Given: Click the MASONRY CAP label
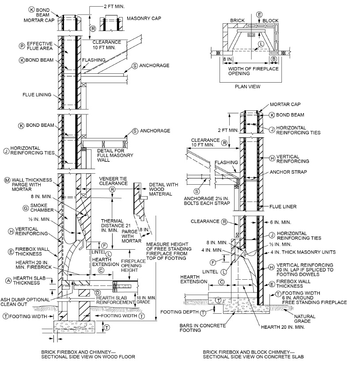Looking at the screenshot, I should click(143, 19).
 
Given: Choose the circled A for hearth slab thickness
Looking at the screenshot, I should click(8, 280).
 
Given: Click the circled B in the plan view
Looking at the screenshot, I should click(274, 58).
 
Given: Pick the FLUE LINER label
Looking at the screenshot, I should click(290, 206).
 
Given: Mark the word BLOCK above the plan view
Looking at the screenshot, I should click(271, 21).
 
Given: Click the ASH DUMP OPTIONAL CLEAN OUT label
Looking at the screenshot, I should click(26, 302).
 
